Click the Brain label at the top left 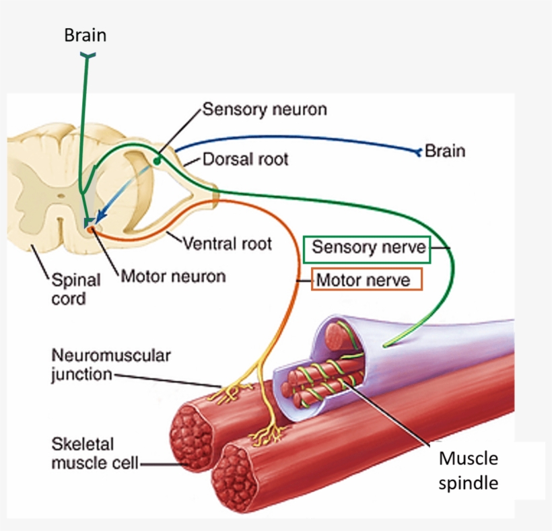85,35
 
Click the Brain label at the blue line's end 445,151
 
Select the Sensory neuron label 265,109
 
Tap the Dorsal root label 245,160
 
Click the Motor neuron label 173,276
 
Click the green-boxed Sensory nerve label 368,248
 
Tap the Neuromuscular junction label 111,365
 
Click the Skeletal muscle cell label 95,454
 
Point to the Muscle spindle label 469,470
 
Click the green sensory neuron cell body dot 156,161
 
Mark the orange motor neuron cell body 90,230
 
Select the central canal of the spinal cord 61,197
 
